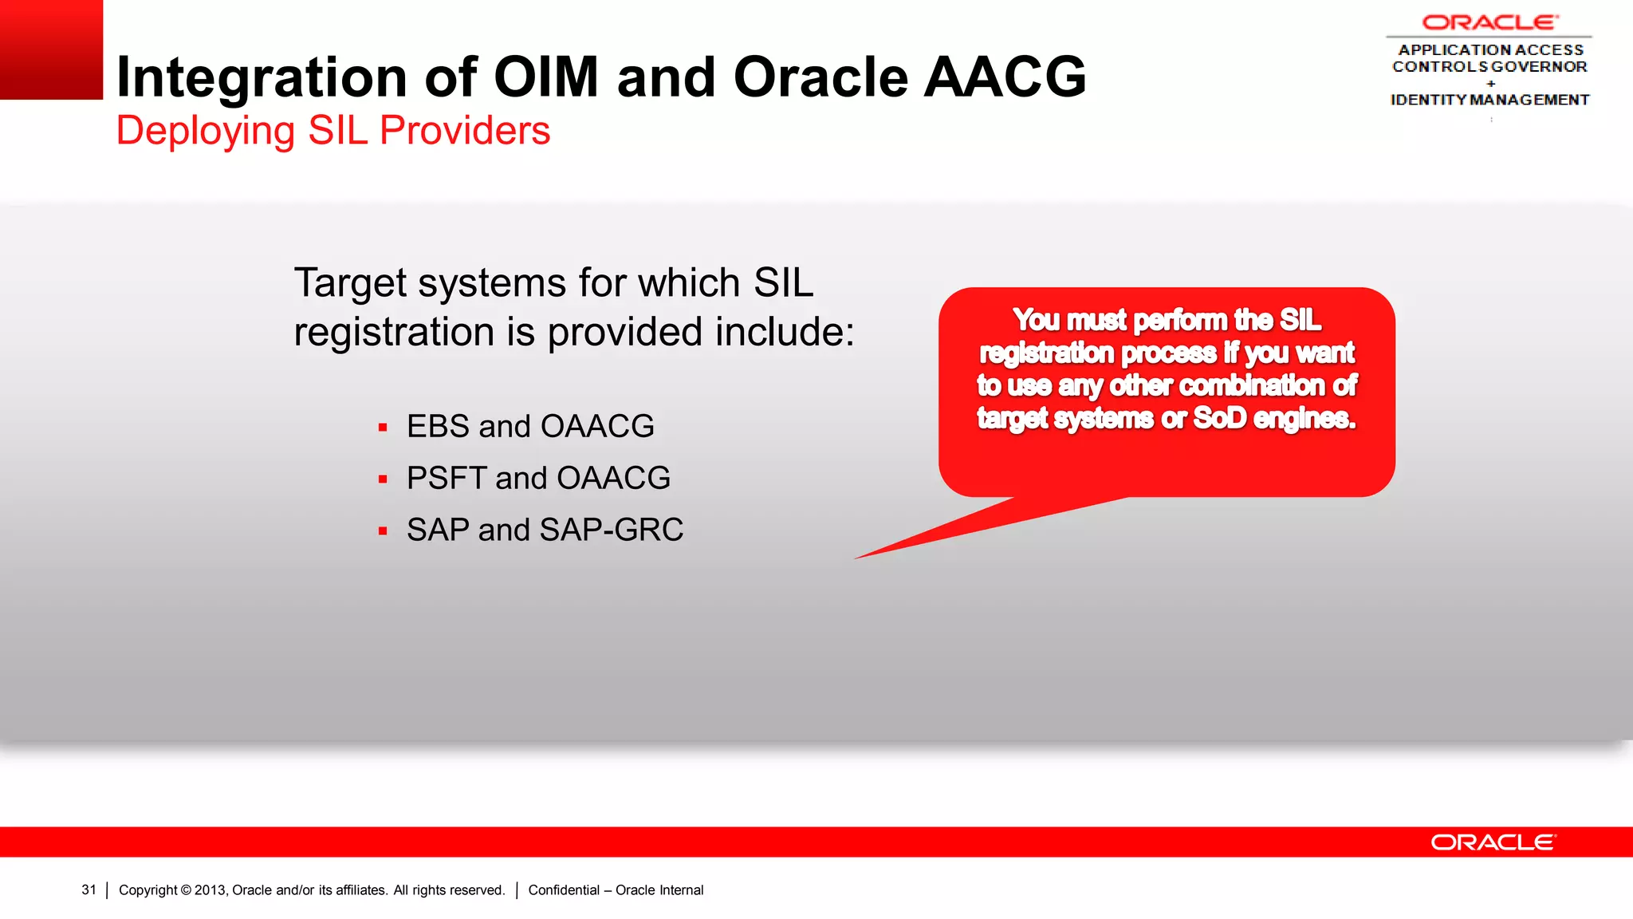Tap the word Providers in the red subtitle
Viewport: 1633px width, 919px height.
click(465, 131)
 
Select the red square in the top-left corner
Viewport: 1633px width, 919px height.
click(51, 49)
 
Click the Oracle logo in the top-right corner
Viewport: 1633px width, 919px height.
click(1489, 22)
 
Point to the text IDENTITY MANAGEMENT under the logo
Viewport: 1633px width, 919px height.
click(1489, 100)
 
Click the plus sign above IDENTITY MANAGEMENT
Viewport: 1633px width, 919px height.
click(1490, 83)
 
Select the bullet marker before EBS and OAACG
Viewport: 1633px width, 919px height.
click(383, 428)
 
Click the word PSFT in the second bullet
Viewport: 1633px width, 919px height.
click(446, 479)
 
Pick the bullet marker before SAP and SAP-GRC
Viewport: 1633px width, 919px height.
click(383, 530)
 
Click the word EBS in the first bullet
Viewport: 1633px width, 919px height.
click(438, 427)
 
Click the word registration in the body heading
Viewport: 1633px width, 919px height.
click(394, 332)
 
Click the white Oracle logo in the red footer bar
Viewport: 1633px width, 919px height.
click(1492, 842)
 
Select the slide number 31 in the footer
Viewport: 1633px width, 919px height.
click(89, 889)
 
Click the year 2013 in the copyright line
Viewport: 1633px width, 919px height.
click(210, 890)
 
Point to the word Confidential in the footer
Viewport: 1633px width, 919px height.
click(564, 890)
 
